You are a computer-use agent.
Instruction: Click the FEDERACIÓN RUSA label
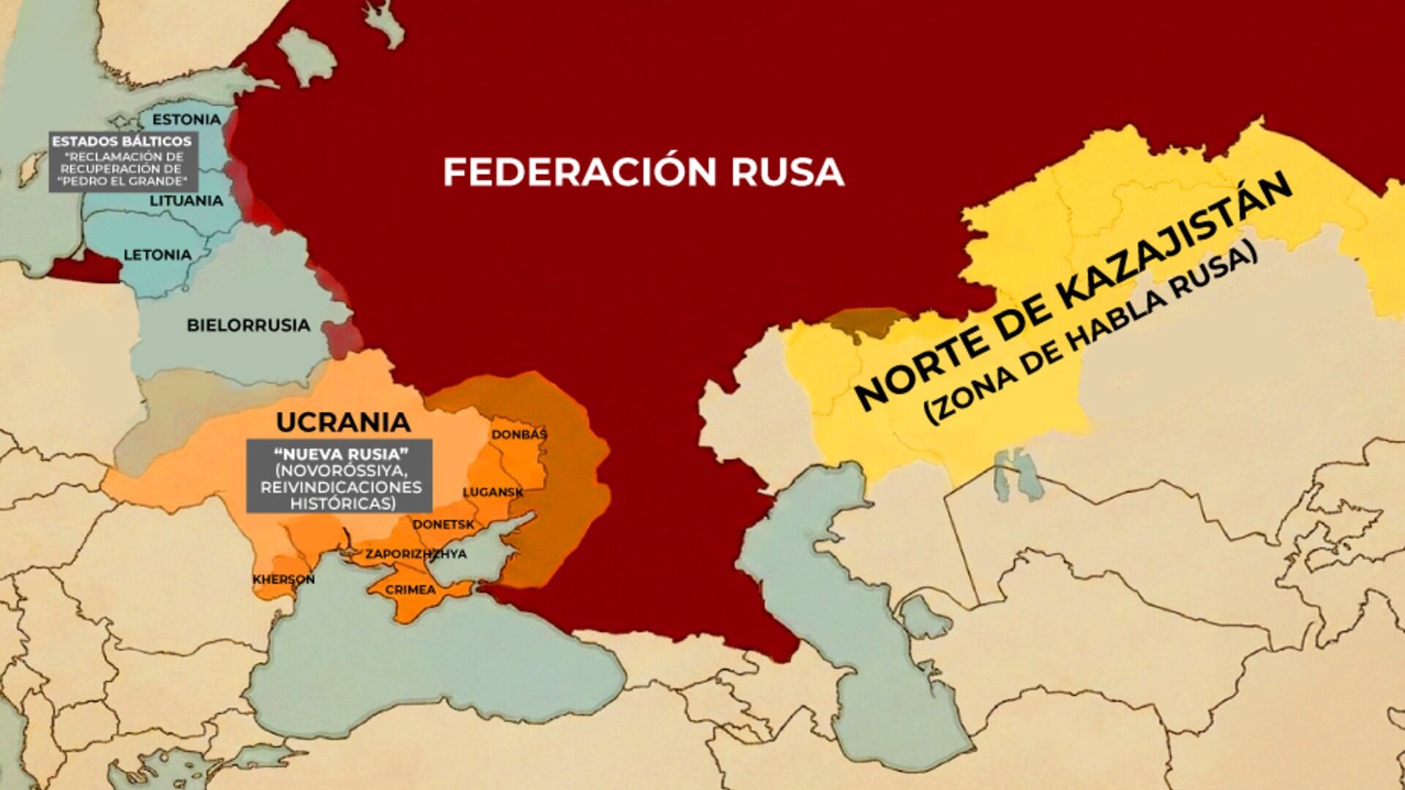(x=643, y=172)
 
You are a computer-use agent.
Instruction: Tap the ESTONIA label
(x=186, y=119)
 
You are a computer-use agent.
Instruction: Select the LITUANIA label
(x=186, y=200)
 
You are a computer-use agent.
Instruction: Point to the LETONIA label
(x=157, y=255)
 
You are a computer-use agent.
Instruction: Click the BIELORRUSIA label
(x=248, y=325)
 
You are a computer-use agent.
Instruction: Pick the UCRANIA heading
(x=343, y=422)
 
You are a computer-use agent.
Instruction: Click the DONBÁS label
(x=519, y=434)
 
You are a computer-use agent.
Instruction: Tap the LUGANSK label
(x=492, y=492)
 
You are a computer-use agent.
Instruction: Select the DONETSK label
(x=443, y=524)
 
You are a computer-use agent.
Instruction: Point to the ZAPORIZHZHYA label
(x=416, y=554)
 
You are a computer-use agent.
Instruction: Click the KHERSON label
(x=284, y=579)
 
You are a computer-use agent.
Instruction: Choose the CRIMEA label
(x=410, y=590)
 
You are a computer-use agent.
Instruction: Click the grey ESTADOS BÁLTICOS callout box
(x=123, y=161)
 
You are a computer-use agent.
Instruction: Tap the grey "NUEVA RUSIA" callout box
(x=339, y=476)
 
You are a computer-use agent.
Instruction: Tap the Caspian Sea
(x=842, y=622)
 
